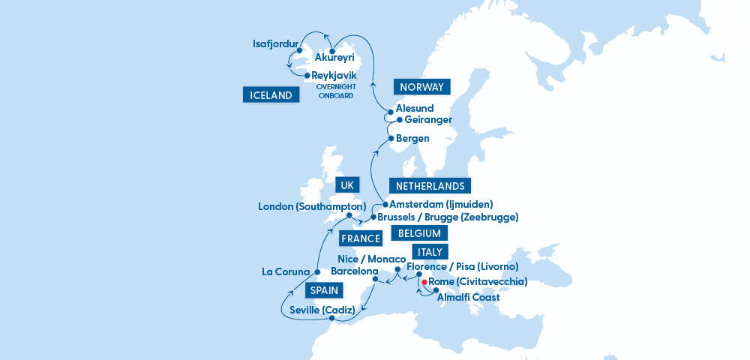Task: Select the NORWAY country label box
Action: (x=422, y=87)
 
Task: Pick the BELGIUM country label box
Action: (x=420, y=233)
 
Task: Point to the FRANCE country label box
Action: (x=361, y=238)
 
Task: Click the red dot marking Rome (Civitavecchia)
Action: (x=424, y=283)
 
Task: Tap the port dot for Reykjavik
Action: (x=307, y=75)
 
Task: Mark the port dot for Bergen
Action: (x=391, y=138)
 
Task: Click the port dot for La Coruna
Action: (x=318, y=271)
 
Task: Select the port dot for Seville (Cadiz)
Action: (x=331, y=319)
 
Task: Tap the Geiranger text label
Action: (x=429, y=120)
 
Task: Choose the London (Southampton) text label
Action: (x=311, y=206)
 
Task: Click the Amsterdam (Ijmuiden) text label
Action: (x=441, y=204)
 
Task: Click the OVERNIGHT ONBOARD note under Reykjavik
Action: (x=334, y=91)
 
